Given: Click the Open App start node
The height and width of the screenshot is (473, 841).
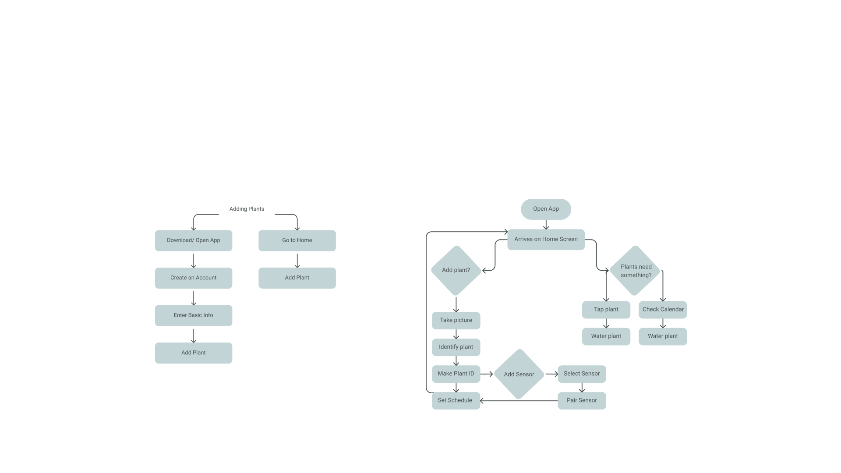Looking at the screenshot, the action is [546, 209].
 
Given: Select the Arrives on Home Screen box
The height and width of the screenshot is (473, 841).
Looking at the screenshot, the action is [546, 240].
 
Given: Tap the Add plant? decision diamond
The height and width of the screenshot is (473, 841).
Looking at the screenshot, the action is [456, 270].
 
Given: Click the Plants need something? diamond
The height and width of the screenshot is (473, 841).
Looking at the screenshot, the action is [635, 271].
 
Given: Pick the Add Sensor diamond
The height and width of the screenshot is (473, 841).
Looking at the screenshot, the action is [519, 374].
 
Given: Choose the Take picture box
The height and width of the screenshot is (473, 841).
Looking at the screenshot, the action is [456, 320].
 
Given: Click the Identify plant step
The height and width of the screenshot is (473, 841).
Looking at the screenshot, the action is [456, 347].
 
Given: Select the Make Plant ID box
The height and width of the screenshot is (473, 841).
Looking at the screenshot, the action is [456, 374].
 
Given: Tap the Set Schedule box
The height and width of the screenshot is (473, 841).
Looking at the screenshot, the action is [456, 400].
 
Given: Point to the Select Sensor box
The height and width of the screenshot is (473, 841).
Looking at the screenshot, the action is [582, 374].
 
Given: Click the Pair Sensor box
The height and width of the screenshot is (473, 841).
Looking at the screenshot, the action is [582, 400].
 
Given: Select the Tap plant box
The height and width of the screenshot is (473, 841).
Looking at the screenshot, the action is [606, 310].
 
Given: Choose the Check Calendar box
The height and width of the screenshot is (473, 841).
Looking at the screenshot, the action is [663, 310].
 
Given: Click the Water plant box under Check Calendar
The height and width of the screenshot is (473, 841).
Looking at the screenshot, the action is [663, 336].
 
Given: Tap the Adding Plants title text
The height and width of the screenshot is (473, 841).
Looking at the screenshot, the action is [247, 209].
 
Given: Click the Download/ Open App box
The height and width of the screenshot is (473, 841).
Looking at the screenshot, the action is [193, 240].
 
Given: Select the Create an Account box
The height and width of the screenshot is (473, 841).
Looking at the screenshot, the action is [193, 278].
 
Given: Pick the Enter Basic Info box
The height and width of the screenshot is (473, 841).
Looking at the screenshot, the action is [193, 315].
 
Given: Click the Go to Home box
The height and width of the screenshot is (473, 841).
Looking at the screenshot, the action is [297, 240].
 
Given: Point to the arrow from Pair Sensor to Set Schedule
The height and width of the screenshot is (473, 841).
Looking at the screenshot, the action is [519, 401].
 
